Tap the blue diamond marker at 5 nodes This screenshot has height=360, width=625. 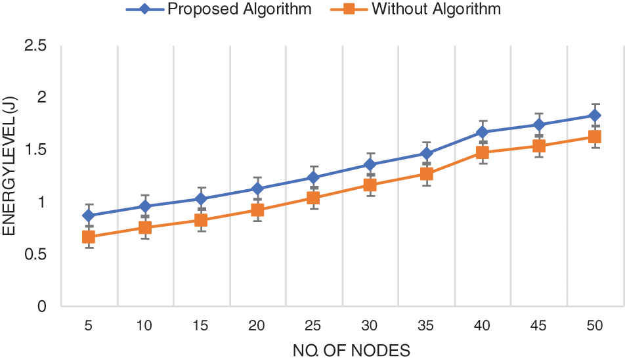click(x=89, y=215)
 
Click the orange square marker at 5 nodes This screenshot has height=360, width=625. click(x=89, y=236)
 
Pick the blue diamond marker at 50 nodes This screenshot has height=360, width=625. click(x=595, y=116)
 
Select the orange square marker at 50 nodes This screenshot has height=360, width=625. click(x=595, y=137)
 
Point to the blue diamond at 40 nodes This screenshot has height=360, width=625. click(x=483, y=132)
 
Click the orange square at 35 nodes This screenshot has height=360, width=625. click(x=426, y=174)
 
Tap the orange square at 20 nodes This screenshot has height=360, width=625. click(x=257, y=210)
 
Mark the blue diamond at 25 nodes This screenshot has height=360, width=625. click(x=314, y=177)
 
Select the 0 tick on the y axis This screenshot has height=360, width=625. click(x=41, y=307)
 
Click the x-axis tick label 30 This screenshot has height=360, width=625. click(x=370, y=325)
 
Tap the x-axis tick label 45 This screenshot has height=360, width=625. click(x=538, y=325)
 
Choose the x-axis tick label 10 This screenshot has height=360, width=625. click(x=145, y=325)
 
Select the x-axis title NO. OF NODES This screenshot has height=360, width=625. click(x=351, y=350)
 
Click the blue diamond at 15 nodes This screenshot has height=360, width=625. click(x=201, y=199)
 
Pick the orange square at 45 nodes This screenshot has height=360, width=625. click(x=538, y=146)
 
